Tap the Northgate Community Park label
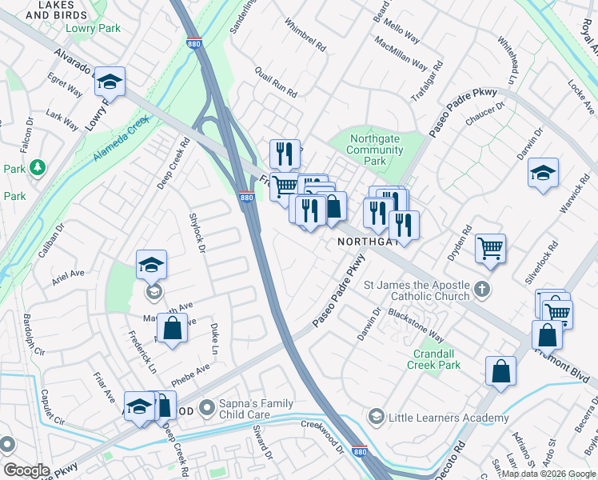(375, 150)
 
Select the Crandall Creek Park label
(437, 359)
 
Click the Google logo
(26, 470)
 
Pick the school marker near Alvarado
(110, 81)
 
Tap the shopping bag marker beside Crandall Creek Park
(500, 371)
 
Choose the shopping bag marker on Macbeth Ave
(172, 327)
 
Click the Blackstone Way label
(415, 324)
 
